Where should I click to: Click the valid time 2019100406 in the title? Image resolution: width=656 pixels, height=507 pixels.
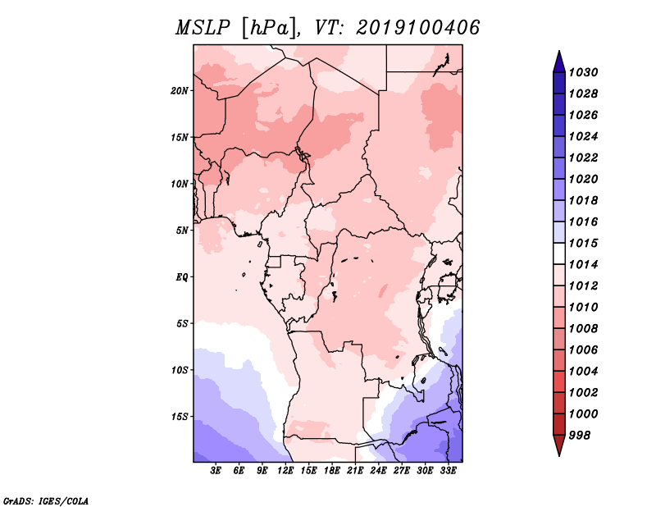pyautogui.click(x=417, y=27)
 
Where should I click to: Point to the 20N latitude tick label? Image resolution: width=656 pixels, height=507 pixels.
pyautogui.click(x=180, y=90)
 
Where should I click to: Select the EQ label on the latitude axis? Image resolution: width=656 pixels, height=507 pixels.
pyautogui.click(x=182, y=276)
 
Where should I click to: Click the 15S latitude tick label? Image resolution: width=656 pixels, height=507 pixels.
pyautogui.click(x=180, y=416)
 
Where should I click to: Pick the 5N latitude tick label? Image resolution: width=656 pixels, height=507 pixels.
pyautogui.click(x=182, y=230)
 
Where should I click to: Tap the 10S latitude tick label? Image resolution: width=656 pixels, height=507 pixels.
pyautogui.click(x=180, y=369)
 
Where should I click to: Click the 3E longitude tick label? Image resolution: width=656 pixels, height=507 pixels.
pyautogui.click(x=216, y=471)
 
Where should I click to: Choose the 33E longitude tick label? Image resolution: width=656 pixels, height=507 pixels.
pyautogui.click(x=448, y=471)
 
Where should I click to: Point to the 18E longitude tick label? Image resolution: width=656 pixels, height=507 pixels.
pyautogui.click(x=332, y=471)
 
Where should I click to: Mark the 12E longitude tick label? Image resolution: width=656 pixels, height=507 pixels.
pyautogui.click(x=286, y=471)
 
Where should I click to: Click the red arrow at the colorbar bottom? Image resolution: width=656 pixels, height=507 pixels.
pyautogui.click(x=558, y=446)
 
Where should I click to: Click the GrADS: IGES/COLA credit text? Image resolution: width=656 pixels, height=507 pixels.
pyautogui.click(x=46, y=500)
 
